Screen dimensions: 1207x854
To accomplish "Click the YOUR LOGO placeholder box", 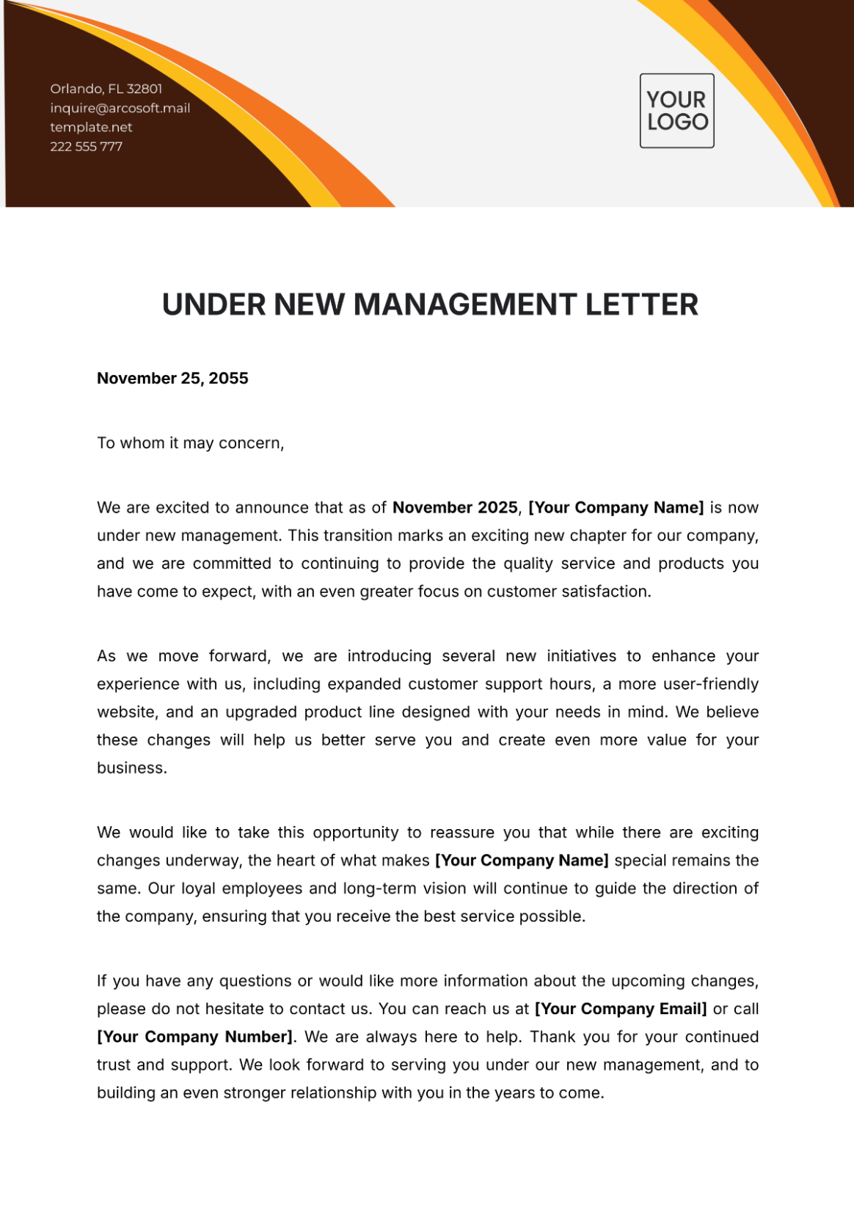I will (676, 111).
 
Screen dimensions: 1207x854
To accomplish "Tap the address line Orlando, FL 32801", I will (106, 89).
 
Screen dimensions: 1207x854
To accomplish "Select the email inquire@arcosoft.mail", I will (120, 108).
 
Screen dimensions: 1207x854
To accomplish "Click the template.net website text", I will (91, 127).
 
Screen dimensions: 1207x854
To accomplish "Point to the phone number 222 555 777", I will (86, 147).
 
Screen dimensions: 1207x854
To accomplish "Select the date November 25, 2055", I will (172, 379).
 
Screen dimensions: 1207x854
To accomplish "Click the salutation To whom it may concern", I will (190, 443).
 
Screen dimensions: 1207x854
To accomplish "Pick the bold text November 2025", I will (455, 508).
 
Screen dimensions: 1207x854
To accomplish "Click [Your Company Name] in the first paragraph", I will (616, 508).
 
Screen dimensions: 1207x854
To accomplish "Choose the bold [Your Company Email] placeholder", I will (621, 1009).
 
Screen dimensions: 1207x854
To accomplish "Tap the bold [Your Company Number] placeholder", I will (194, 1037).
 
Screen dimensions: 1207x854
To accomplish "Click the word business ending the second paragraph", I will (131, 768).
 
